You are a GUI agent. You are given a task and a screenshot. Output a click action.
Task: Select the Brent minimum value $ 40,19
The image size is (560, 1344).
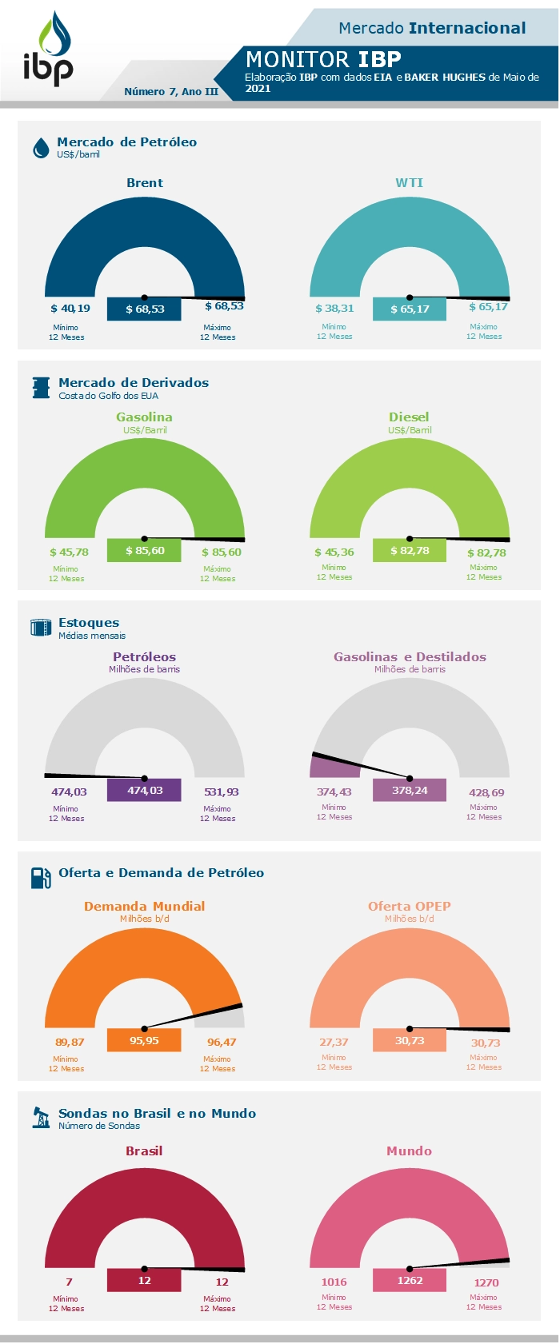(x=70, y=309)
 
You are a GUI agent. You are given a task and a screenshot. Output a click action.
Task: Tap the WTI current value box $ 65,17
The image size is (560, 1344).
(x=410, y=309)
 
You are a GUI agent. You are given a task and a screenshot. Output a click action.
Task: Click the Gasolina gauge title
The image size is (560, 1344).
(x=144, y=417)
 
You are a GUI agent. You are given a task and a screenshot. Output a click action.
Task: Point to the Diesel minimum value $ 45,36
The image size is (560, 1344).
(x=334, y=552)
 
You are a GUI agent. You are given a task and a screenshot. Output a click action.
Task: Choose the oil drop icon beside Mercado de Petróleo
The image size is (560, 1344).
(x=41, y=148)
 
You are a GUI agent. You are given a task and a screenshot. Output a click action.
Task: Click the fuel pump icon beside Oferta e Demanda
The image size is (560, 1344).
(x=41, y=878)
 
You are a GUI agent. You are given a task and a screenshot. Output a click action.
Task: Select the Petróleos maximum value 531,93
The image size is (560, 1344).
(x=222, y=792)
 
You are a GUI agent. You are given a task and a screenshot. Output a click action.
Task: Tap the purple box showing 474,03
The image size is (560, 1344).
(x=145, y=791)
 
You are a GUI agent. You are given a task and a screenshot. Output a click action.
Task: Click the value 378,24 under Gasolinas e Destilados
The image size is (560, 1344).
(x=410, y=791)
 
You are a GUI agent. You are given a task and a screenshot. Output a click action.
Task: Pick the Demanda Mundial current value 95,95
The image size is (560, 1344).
(x=144, y=1041)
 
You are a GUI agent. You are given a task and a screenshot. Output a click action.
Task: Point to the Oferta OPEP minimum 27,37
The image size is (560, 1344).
(x=334, y=1043)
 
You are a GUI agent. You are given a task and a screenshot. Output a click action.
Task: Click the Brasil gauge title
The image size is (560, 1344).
(x=144, y=1151)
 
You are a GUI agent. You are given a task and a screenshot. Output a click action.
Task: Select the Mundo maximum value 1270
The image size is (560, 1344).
(x=486, y=1283)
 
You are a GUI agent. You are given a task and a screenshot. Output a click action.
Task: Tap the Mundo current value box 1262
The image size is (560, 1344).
(x=410, y=1281)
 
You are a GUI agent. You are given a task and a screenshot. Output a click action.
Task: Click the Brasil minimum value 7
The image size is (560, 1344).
(x=69, y=1282)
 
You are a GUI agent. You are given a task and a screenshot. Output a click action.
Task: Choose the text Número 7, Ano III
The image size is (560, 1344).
(x=171, y=92)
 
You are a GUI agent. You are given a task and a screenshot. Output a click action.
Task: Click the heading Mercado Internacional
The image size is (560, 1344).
(x=432, y=29)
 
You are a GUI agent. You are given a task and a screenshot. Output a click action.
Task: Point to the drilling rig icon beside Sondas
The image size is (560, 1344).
(x=41, y=1118)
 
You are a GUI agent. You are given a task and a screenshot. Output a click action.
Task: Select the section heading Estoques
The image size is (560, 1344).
(x=89, y=623)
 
